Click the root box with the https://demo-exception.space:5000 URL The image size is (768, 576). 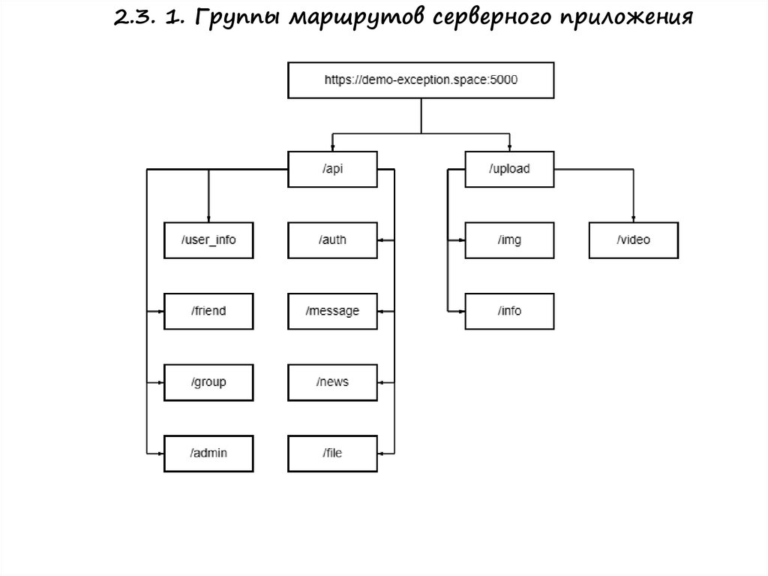(421, 80)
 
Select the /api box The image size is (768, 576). (332, 169)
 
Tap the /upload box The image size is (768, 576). (509, 169)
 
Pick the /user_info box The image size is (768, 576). (208, 240)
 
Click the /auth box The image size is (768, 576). (332, 240)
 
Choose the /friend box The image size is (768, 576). (208, 311)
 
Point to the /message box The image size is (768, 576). (332, 311)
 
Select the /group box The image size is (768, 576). (208, 382)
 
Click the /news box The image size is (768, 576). (332, 382)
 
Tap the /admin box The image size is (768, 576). (208, 453)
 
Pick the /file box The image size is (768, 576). (332, 453)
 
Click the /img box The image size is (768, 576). (509, 240)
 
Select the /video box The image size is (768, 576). (634, 240)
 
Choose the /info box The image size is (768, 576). (509, 311)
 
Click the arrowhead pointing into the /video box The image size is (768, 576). (634, 219)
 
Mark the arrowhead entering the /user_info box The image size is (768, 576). (208, 219)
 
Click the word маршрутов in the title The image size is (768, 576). (351, 19)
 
